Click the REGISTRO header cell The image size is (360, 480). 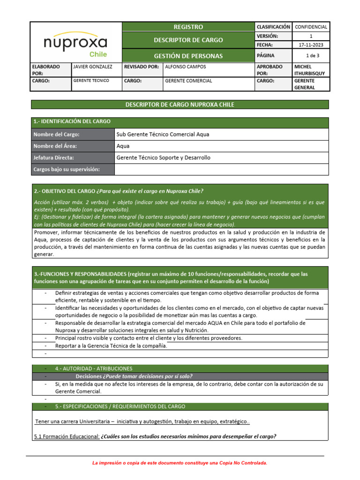(x=188, y=27)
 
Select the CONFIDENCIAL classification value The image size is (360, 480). (x=311, y=27)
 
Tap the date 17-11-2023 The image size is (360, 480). (x=311, y=45)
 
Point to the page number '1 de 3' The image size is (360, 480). (x=311, y=56)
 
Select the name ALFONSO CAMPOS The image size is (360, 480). (x=186, y=67)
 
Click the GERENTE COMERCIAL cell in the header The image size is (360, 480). (x=188, y=81)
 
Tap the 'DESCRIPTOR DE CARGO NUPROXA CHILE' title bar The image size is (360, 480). (x=180, y=105)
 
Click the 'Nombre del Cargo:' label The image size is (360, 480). (x=56, y=135)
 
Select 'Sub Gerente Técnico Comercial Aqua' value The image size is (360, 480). (x=163, y=135)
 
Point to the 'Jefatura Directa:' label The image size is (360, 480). (x=53, y=158)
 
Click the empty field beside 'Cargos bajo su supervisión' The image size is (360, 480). (x=221, y=169)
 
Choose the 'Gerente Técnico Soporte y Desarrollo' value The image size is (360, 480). (x=163, y=158)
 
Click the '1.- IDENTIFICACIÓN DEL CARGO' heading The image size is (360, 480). (x=72, y=122)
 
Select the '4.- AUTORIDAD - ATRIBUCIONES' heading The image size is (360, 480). (x=93, y=369)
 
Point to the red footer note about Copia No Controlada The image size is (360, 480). (x=180, y=463)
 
